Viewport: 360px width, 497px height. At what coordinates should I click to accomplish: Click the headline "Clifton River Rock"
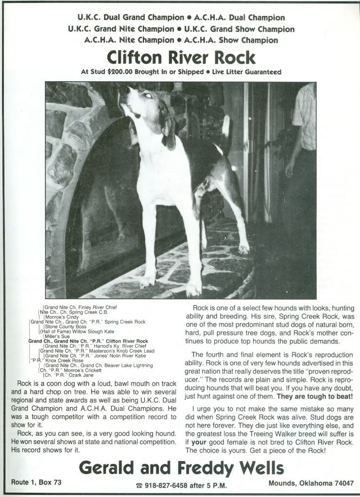tap(181, 58)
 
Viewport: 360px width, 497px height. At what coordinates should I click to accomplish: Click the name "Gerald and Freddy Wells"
tap(181, 468)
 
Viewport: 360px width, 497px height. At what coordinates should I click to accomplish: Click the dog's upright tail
tap(225, 127)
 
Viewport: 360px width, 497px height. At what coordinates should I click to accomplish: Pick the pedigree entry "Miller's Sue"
tap(57, 336)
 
